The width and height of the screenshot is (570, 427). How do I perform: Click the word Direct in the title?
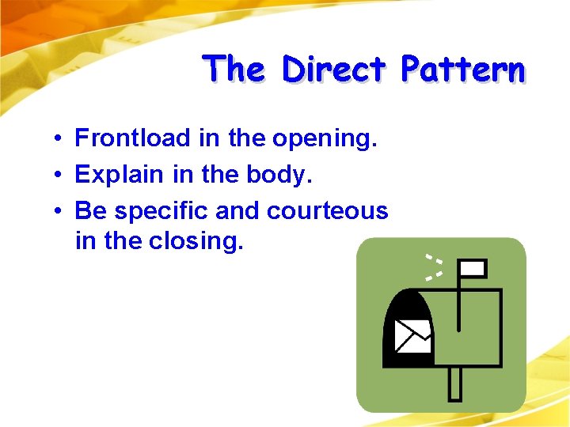click(x=332, y=70)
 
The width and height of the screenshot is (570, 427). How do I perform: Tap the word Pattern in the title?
click(x=462, y=70)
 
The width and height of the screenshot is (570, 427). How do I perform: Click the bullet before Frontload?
click(x=59, y=140)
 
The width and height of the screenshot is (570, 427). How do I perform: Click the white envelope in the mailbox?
click(x=412, y=335)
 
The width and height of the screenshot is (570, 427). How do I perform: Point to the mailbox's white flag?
click(x=473, y=269)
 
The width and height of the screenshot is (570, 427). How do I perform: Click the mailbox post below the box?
click(x=455, y=383)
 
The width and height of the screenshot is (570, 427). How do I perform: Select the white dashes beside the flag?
click(x=433, y=268)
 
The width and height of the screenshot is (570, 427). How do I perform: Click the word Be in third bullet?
click(x=87, y=211)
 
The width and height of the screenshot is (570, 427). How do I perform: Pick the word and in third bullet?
click(x=239, y=211)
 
